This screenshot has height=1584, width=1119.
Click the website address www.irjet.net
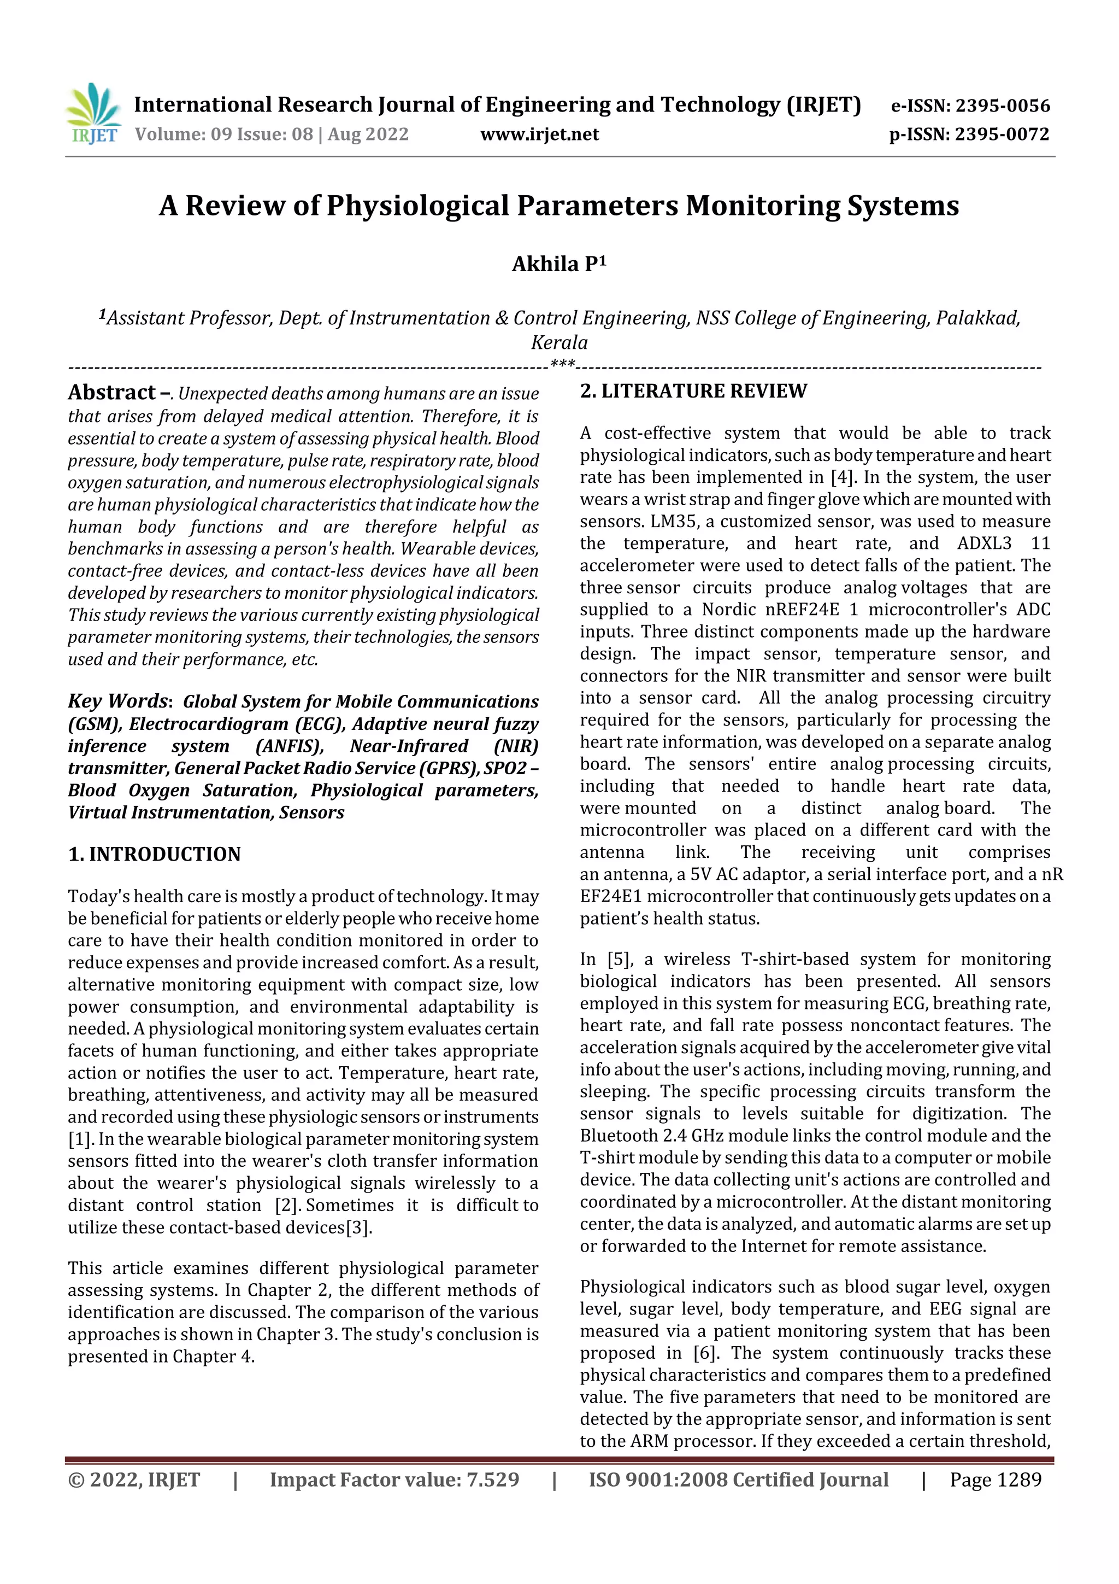point(539,134)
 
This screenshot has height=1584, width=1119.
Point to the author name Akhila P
point(558,264)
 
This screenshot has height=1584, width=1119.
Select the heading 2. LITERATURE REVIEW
point(693,391)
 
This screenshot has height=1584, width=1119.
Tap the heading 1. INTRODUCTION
point(155,854)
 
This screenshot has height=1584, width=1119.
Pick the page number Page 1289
point(995,1479)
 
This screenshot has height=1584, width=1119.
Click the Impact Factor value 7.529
point(492,1479)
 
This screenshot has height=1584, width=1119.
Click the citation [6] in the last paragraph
point(705,1353)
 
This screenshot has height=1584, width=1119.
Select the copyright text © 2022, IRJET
point(134,1479)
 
